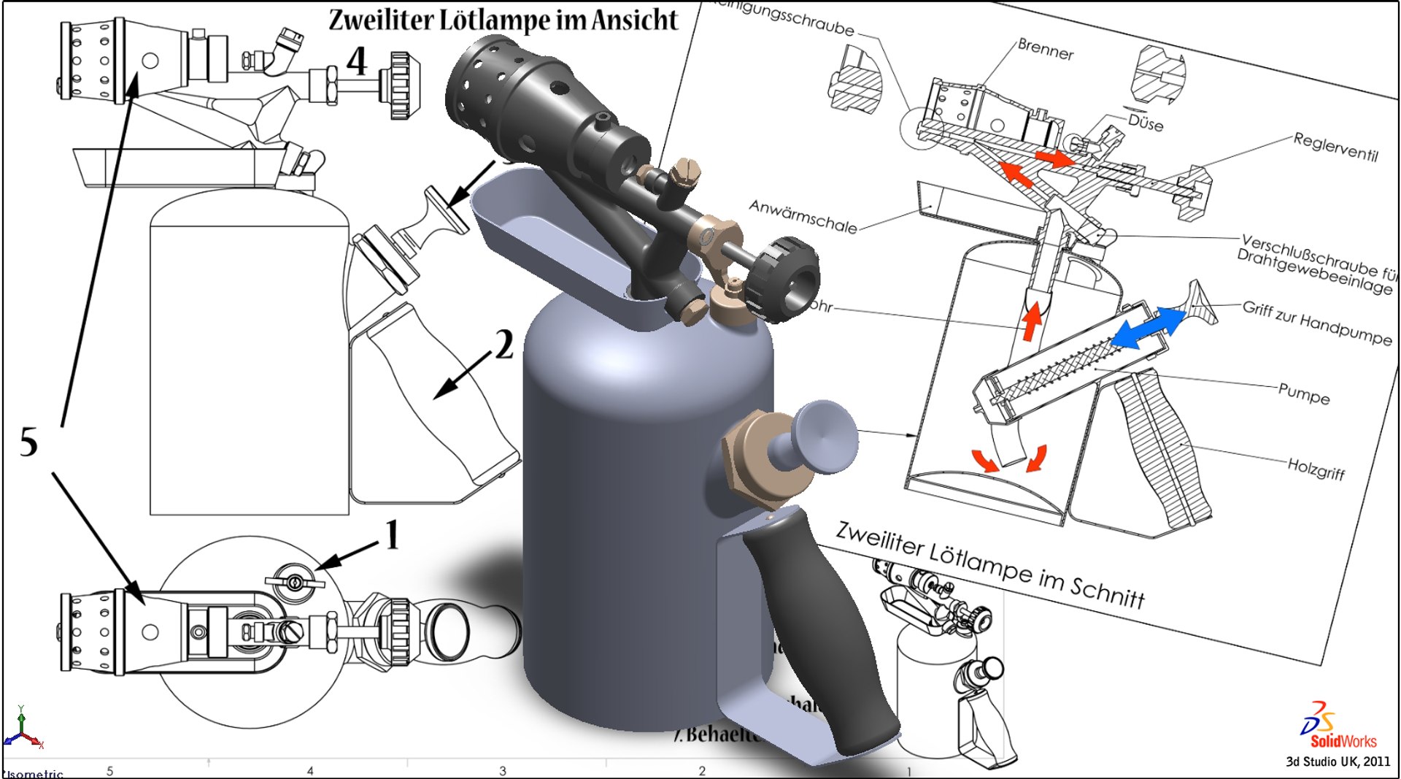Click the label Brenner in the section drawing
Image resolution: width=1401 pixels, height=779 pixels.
click(1045, 50)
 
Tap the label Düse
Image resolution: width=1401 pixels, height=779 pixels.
click(1145, 122)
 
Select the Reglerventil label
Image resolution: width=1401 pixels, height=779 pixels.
click(1335, 147)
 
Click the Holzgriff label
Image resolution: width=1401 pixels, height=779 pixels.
click(1316, 468)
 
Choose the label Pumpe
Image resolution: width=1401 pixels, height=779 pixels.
click(1303, 394)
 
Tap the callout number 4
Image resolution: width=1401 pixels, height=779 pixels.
click(356, 61)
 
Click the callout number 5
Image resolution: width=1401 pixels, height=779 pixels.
click(28, 442)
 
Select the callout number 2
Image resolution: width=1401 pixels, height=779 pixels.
click(504, 345)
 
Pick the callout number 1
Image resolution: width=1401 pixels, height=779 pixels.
click(392, 535)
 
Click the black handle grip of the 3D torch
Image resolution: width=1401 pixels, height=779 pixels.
click(817, 628)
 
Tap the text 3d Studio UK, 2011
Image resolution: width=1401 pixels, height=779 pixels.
click(1338, 761)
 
